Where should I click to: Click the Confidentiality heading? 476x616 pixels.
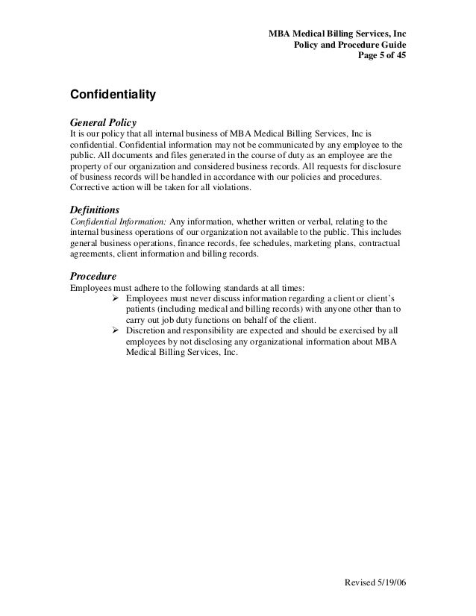pos(112,95)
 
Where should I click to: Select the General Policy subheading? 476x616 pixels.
pos(102,121)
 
